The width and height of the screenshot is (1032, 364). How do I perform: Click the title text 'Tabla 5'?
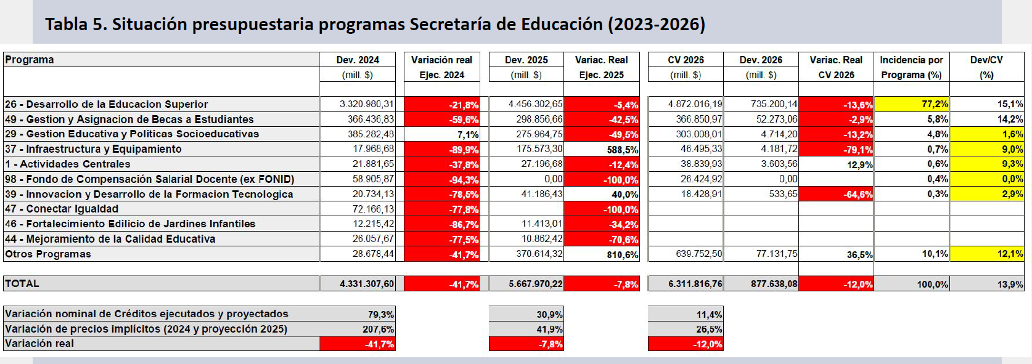73,25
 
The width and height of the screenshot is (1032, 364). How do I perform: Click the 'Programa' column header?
30,60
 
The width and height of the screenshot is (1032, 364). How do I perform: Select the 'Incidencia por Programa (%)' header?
911,67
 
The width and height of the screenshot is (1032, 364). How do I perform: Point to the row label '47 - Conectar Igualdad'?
62,209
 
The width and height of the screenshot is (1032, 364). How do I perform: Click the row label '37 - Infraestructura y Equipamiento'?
93,149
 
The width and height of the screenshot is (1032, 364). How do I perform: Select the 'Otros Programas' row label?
48,254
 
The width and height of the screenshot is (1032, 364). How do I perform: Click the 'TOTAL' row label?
22,283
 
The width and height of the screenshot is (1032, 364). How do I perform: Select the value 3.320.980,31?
367,104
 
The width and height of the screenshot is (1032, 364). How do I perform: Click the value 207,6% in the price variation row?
378,329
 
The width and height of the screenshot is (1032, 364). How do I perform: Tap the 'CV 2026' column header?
686,60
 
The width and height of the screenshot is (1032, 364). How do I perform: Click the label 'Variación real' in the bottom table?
39,344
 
